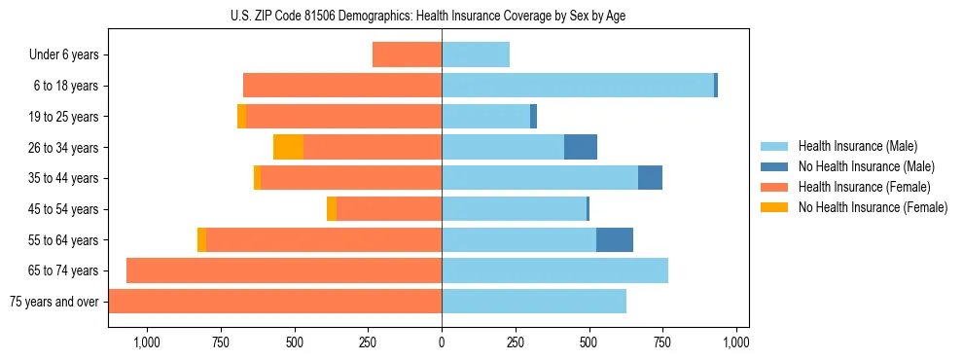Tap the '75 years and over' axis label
pos(54,302)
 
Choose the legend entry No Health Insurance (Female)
pos(873,207)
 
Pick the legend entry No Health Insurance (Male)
pos(866,167)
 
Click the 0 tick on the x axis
pos(442,342)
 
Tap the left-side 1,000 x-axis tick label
pos(146,342)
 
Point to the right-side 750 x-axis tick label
pos(663,342)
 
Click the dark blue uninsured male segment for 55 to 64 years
pos(615,239)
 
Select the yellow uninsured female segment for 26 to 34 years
pos(288,147)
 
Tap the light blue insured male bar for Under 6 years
pos(476,54)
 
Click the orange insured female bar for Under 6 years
pos(407,54)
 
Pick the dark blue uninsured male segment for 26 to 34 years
pos(581,147)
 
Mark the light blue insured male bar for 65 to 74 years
pos(554,270)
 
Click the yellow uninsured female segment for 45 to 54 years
pos(332,209)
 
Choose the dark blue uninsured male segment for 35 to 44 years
pos(650,178)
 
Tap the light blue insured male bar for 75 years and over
pos(534,302)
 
